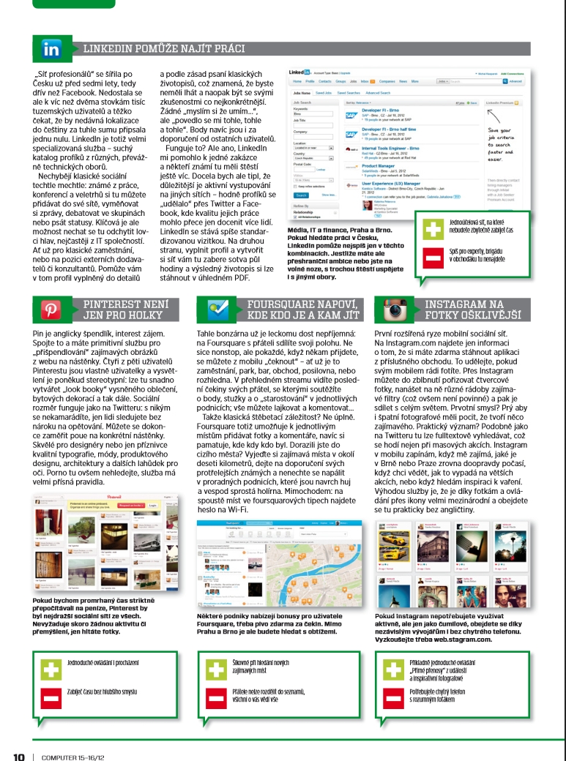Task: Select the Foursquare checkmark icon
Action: click(217, 309)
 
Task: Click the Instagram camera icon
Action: click(390, 310)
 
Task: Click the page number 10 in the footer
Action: click(19, 751)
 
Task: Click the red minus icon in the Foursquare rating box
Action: click(217, 697)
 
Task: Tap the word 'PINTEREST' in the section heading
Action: click(114, 304)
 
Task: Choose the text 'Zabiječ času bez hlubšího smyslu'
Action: click(102, 689)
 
